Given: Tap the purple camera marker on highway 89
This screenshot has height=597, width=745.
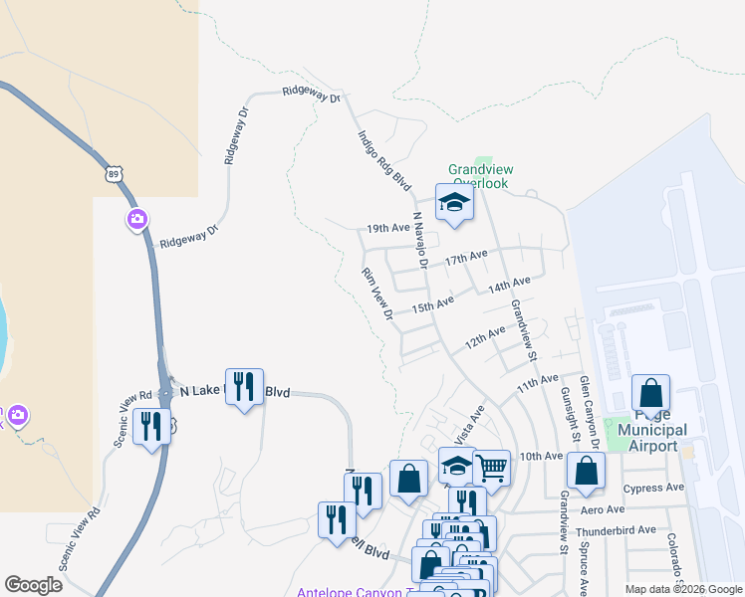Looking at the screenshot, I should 138,219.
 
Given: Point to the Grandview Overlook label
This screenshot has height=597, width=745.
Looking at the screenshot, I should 478,176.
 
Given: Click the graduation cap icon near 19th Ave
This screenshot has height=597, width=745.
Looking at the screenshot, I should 454,202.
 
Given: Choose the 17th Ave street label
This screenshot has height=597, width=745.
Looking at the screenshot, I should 466,258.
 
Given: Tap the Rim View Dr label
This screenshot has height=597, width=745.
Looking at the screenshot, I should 377,294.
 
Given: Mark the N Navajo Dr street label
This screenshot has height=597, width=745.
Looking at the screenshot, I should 420,240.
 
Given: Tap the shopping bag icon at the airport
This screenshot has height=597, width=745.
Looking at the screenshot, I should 650,393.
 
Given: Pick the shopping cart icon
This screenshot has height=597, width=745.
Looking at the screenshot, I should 491,467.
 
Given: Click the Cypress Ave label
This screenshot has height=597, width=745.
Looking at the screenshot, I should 653,488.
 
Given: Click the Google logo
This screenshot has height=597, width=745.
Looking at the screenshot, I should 33,585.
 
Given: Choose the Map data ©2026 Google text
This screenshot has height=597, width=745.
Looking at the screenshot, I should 683,589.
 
